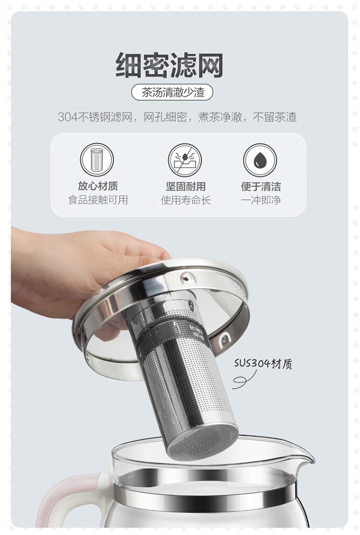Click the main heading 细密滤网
coord(169,65)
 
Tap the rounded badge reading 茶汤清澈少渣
coord(172,92)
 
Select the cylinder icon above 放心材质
coord(97,159)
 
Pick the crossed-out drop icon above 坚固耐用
coord(185,160)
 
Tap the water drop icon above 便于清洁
coord(260,160)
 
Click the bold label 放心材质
coord(98,186)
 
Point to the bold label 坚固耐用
coord(185,186)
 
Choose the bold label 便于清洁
coord(261,186)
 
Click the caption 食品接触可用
coord(98,200)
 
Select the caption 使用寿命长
coord(185,200)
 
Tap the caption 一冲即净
coord(261,200)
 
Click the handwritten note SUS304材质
coord(263,364)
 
